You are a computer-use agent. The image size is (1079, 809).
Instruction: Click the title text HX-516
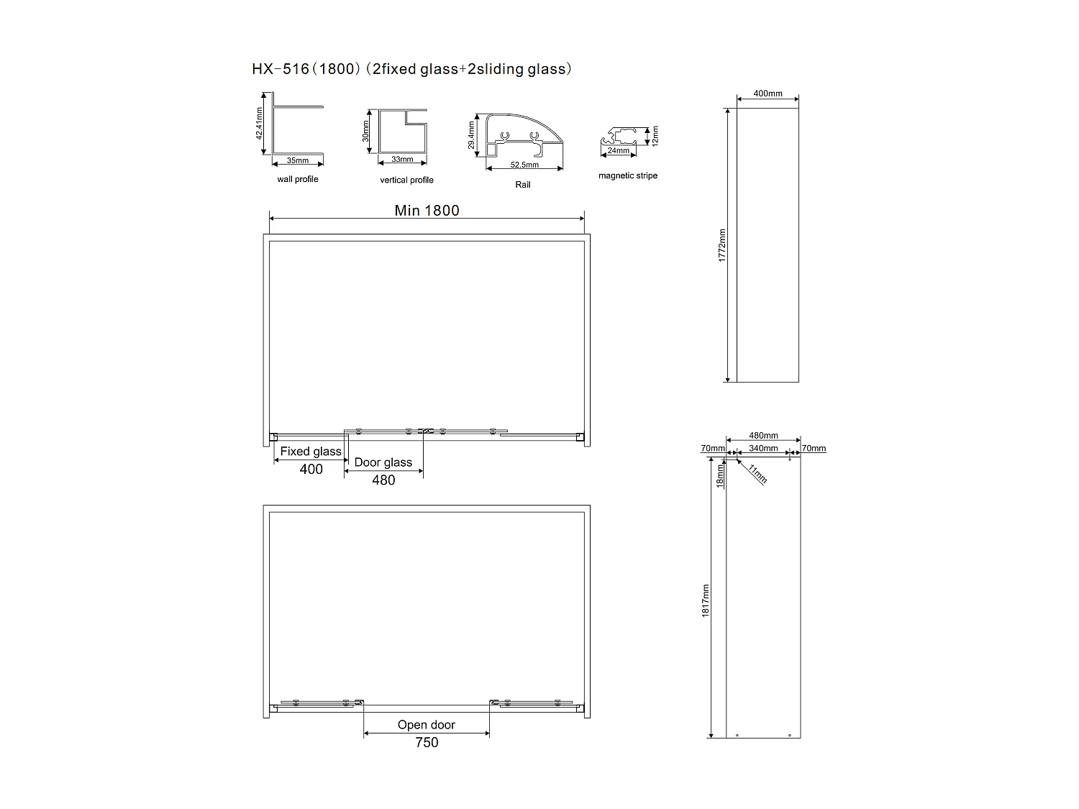point(280,69)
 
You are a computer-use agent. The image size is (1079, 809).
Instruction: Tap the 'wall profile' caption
point(297,179)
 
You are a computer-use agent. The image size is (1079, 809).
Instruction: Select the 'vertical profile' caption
point(406,180)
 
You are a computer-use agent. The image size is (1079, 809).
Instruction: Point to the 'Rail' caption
point(523,185)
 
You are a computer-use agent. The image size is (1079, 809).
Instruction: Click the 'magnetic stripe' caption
point(627,175)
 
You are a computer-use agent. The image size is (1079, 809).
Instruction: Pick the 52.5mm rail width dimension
point(524,165)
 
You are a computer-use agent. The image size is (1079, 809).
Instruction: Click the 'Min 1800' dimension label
point(427,211)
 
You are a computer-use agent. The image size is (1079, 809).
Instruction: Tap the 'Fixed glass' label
point(311,452)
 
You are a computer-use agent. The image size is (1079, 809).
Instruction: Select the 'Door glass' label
point(383,462)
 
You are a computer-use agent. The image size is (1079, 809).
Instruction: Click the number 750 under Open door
point(427,742)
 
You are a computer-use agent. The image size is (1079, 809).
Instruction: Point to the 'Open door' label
point(427,725)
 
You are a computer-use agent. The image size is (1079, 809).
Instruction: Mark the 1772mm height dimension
point(722,244)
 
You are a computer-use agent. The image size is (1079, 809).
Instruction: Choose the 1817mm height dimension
point(706,600)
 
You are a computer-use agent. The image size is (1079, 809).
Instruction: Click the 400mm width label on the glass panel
point(768,93)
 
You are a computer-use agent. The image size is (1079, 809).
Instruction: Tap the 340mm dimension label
point(763,449)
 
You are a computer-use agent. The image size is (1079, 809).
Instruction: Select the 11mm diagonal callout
point(757,474)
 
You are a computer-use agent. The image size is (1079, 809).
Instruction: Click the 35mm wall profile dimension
point(297,160)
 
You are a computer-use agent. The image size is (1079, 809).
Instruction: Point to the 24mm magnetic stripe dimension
point(618,151)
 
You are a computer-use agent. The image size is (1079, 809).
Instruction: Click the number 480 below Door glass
point(383,480)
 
